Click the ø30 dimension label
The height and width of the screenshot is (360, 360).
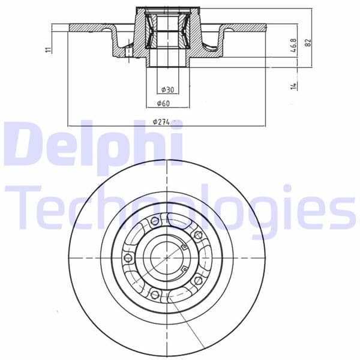click(167, 89)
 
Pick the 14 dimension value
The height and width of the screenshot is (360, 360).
click(293, 86)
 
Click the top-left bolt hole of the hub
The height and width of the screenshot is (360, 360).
click(155, 222)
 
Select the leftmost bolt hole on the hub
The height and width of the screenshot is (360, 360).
click(127, 259)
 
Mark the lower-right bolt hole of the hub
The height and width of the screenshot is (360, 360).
click(197, 280)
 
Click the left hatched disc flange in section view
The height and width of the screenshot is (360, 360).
click(90, 27)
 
